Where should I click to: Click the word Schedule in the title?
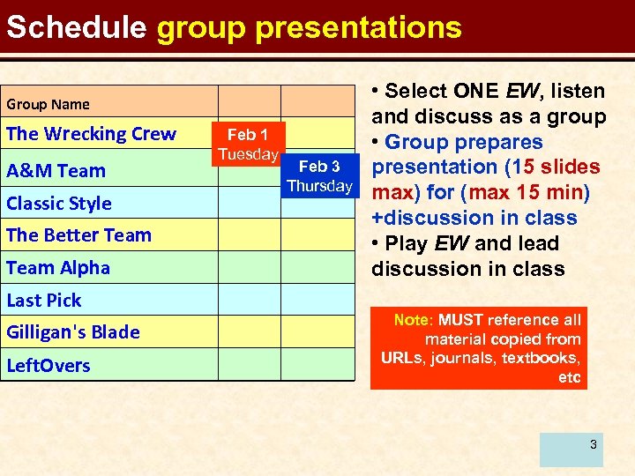tap(76, 27)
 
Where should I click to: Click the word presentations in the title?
tap(358, 27)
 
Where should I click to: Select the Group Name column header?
tap(49, 104)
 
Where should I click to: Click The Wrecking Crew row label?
tap(91, 134)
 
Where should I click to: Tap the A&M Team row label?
tap(56, 170)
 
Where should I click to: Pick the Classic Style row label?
tap(59, 203)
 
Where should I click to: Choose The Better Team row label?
tap(78, 235)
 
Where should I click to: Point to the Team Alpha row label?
tap(58, 268)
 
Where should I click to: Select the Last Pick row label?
tap(44, 301)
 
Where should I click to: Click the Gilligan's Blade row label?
tap(73, 332)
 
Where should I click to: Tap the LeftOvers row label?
tap(49, 365)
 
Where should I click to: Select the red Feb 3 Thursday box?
tap(319, 175)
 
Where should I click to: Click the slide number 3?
tap(594, 444)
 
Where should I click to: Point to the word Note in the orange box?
tap(413, 320)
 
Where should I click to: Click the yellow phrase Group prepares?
tap(464, 142)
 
